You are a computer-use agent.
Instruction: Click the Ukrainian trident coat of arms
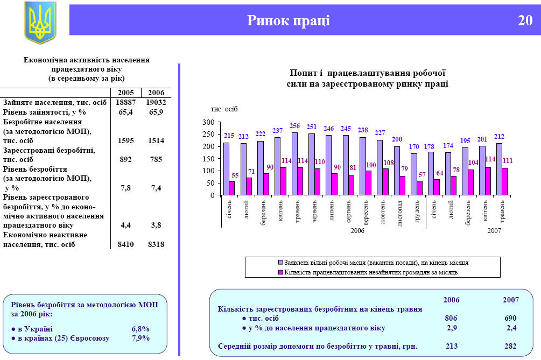click(x=40, y=22)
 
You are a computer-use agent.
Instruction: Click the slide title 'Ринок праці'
click(x=289, y=20)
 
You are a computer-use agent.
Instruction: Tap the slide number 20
click(x=525, y=20)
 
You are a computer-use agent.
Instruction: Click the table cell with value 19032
click(x=156, y=102)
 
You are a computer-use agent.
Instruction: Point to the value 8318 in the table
click(x=156, y=245)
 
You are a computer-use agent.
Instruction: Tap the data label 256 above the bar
click(x=294, y=126)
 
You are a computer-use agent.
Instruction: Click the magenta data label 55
click(x=235, y=175)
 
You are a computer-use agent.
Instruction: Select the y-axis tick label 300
click(x=208, y=123)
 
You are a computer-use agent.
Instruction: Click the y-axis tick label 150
click(x=208, y=159)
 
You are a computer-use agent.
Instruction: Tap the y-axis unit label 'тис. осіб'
click(x=223, y=109)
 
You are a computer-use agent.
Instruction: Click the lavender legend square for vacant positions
click(x=280, y=263)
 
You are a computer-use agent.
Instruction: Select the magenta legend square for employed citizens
click(x=280, y=272)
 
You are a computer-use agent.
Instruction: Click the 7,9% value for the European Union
click(x=140, y=338)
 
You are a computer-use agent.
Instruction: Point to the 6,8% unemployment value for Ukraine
click(x=140, y=328)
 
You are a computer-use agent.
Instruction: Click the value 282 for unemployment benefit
click(x=510, y=346)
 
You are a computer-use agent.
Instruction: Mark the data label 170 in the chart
click(x=413, y=146)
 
